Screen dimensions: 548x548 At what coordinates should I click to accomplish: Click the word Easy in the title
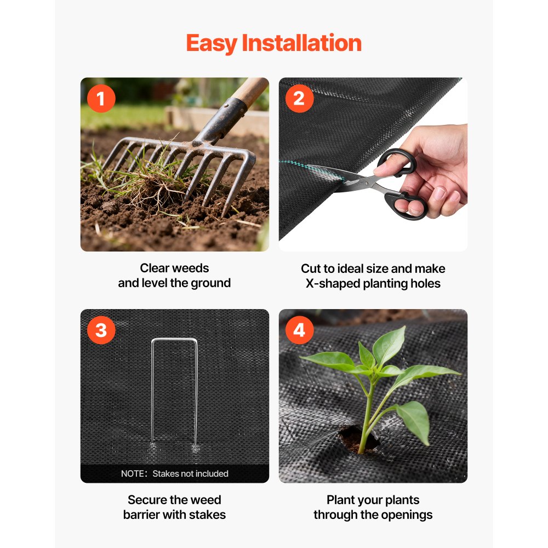(212, 43)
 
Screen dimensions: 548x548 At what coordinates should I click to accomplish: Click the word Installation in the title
(302, 43)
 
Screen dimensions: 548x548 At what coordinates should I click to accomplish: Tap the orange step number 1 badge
(101, 99)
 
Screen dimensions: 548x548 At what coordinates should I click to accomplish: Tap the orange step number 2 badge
(299, 99)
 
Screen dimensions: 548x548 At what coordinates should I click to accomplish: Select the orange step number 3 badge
(101, 330)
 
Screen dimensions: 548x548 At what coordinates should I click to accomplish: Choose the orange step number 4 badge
(299, 330)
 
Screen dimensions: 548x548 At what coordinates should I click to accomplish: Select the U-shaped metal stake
(174, 384)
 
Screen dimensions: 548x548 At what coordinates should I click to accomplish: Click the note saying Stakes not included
(174, 473)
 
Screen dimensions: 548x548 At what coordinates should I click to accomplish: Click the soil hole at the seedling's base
(353, 438)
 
